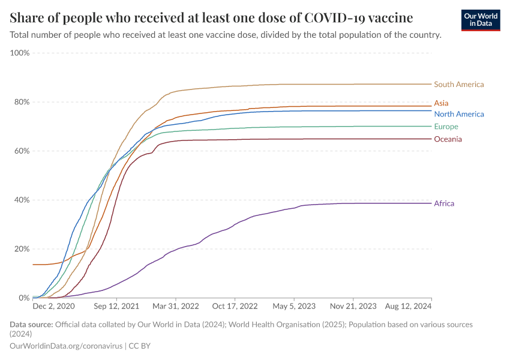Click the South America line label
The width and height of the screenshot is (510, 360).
coord(458,85)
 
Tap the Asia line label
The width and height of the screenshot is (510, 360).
coord(441,103)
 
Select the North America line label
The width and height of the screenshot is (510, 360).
coord(458,114)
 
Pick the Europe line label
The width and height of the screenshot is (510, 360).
coord(446,127)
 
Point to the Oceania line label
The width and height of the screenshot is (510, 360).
coord(448,139)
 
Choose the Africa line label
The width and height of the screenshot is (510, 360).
coord(444,203)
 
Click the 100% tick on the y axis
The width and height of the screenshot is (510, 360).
coord(20,53)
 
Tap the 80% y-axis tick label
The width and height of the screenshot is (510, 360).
coord(21,102)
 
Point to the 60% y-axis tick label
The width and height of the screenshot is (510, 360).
coord(21,151)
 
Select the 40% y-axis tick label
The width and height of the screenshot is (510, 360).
coord(21,200)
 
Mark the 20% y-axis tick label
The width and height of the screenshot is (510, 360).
coord(21,249)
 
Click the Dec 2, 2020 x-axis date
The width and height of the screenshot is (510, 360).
coord(53,306)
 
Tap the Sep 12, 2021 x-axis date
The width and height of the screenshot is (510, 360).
coord(116,306)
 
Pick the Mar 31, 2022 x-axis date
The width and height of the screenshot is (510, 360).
coord(175,306)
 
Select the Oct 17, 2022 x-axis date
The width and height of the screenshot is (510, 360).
coord(235,306)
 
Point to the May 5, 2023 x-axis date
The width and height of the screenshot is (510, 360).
coord(294,306)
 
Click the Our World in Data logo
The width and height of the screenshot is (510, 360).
coord(481,20)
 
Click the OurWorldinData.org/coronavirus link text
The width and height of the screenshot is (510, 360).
coord(65,346)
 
